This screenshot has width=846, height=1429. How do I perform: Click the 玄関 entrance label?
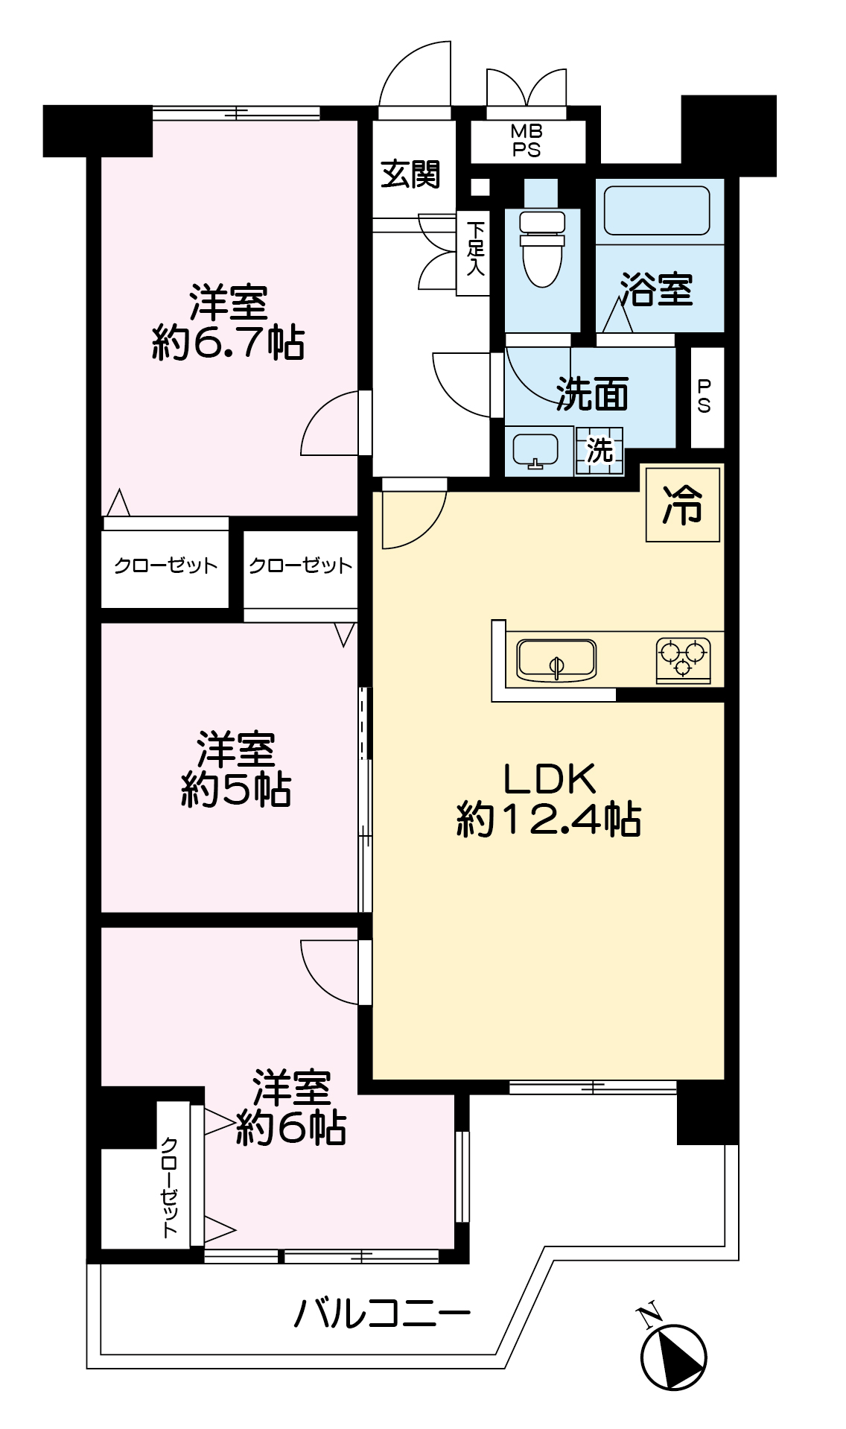410,174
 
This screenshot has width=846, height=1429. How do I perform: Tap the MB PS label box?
527,141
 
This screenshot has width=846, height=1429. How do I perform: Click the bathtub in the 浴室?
658,211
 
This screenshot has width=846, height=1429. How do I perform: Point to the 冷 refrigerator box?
683,504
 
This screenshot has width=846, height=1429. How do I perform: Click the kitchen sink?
556,660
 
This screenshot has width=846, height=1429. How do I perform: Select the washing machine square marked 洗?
599,450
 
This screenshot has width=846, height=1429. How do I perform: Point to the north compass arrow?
673,1356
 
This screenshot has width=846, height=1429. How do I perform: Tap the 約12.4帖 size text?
548,820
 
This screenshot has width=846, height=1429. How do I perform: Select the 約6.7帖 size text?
228,343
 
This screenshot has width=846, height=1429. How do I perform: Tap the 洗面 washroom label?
592,394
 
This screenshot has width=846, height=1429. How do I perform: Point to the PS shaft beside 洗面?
705,396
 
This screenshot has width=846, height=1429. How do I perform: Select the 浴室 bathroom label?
656,289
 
